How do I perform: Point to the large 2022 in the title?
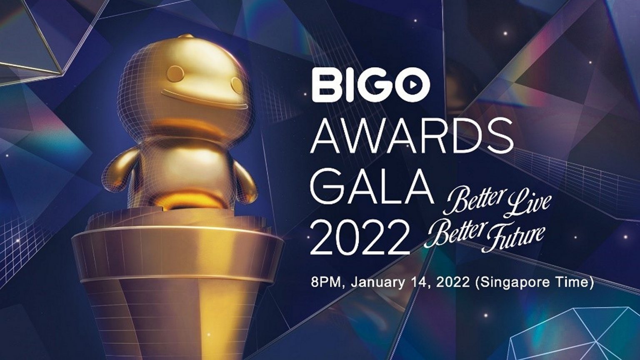click(360, 236)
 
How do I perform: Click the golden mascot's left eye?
click(174, 71)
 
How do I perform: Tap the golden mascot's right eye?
click(237, 84)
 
